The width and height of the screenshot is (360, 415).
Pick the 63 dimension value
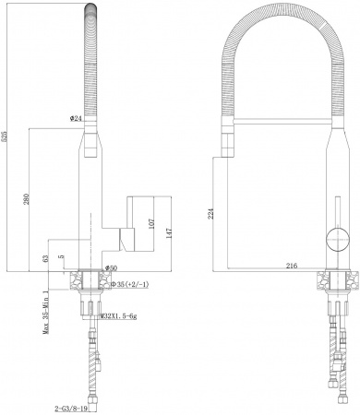(46, 259)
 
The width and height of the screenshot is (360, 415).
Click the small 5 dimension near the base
(61, 257)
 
